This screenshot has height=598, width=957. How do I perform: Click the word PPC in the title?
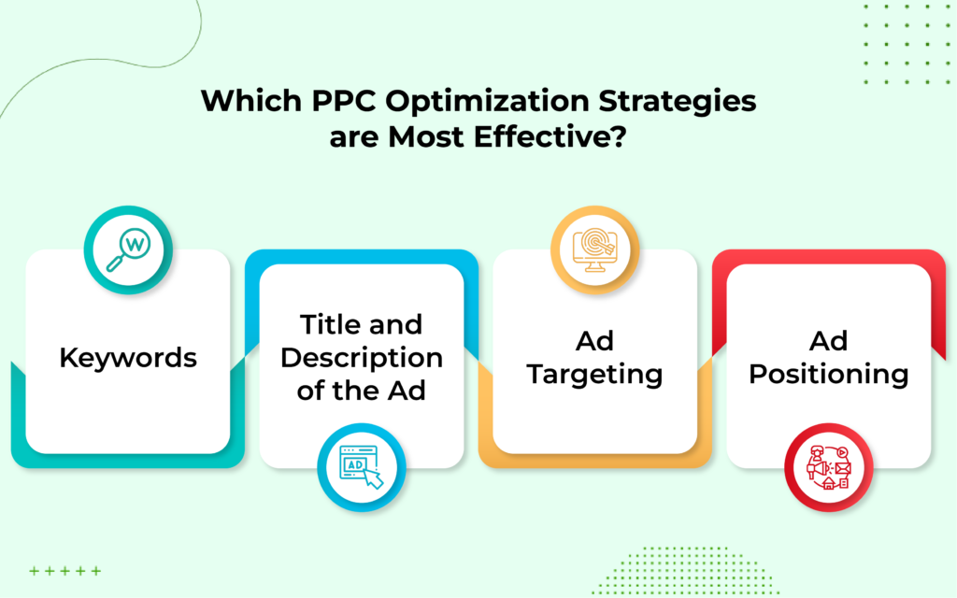(x=344, y=101)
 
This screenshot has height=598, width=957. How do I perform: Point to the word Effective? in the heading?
(x=550, y=136)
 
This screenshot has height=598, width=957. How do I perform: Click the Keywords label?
(x=128, y=358)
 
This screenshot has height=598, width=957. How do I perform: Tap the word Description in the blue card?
(x=362, y=358)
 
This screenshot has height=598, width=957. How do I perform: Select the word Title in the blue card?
(x=328, y=324)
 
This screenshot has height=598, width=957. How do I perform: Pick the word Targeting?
(x=594, y=375)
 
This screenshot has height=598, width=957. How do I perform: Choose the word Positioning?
(x=828, y=375)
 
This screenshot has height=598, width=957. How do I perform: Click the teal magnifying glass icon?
(x=128, y=249)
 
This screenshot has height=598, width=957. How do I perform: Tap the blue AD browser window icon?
(x=362, y=467)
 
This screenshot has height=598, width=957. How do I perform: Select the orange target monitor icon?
(x=594, y=249)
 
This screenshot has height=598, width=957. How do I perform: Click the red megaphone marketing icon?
(x=828, y=467)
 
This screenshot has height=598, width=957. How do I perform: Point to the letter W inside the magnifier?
(x=135, y=245)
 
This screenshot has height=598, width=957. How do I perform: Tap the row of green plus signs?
(x=65, y=571)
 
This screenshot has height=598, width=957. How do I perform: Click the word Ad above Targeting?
(x=594, y=341)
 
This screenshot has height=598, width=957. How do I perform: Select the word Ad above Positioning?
(x=828, y=341)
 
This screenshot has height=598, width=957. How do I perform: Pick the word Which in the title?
(x=251, y=101)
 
